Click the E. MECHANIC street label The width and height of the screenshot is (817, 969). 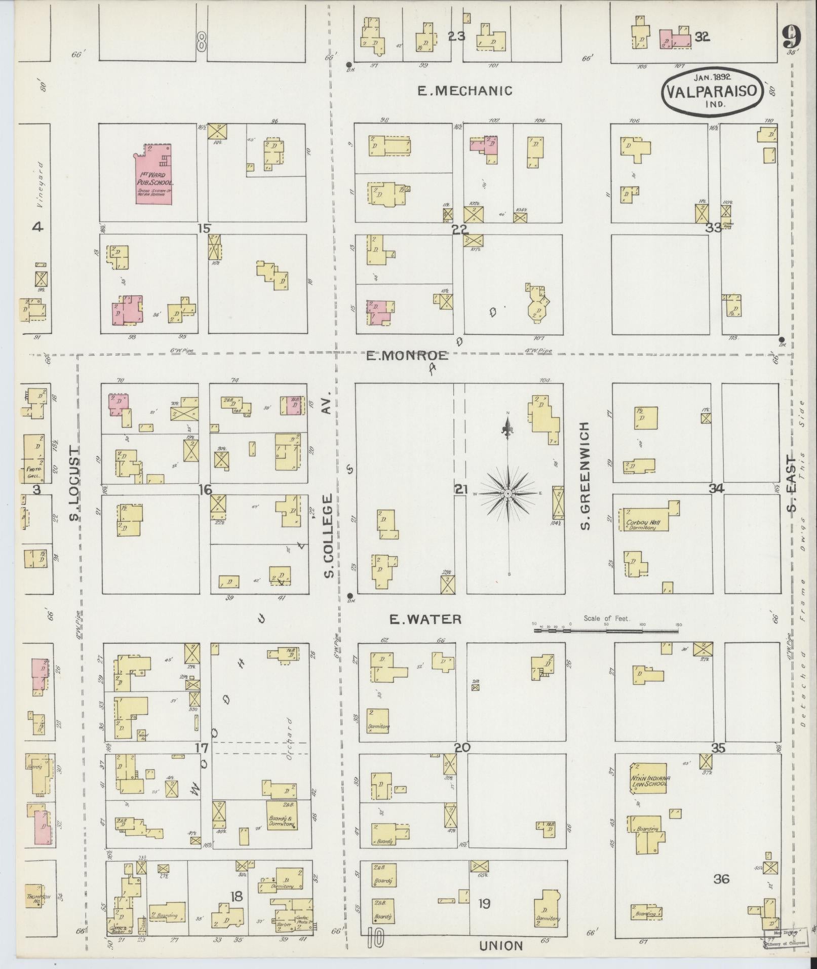pos(464,91)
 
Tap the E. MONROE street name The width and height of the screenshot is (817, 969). pos(407,356)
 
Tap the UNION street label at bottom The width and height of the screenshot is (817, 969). pos(500,946)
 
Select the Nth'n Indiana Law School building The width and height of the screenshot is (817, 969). pos(649,781)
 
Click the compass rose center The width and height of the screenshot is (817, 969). pos(508,493)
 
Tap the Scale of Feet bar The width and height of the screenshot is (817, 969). pos(606,631)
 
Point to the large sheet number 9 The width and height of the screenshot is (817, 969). pos(790,36)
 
